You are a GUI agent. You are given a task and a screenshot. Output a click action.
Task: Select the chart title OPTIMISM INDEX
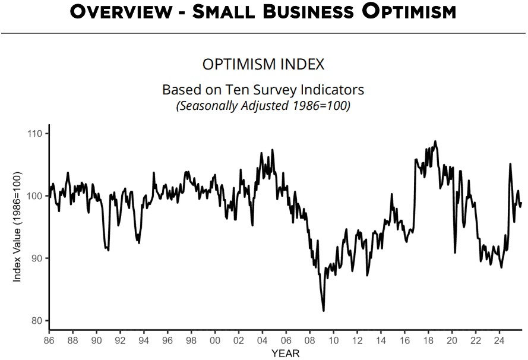tap(263, 64)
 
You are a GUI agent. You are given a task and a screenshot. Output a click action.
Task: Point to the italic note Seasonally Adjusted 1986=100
tap(263, 106)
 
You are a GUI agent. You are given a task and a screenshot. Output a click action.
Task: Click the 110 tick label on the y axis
tap(36, 134)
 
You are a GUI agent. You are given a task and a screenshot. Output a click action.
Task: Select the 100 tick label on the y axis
tap(36, 196)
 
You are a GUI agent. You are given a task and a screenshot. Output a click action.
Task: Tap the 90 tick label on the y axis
tap(38, 258)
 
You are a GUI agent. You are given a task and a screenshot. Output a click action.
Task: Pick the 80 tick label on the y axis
tap(38, 321)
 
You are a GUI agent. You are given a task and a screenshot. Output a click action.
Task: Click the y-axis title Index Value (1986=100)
tap(17, 226)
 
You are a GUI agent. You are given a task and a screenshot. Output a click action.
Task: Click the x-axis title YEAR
tap(285, 353)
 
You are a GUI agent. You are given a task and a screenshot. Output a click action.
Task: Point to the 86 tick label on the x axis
tap(49, 341)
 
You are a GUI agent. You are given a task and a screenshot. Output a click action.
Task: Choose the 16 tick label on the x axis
tap(404, 341)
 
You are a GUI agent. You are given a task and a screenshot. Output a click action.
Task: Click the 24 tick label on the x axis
tap(499, 341)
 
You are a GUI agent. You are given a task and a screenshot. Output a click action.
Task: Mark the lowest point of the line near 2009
tap(324, 311)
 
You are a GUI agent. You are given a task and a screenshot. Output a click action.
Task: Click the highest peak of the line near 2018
tap(435, 141)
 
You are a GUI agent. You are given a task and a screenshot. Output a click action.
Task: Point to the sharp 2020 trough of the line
tap(455, 252)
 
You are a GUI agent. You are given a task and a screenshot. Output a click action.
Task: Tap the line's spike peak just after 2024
tap(510, 164)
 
